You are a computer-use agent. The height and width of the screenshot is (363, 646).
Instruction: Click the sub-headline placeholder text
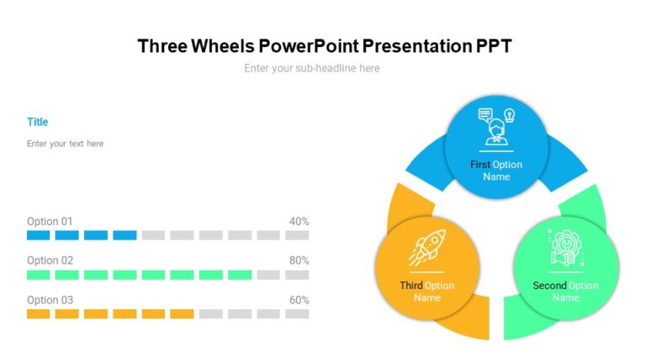pyautogui.click(x=312, y=68)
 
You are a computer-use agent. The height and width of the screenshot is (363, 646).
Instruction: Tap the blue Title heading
pyautogui.click(x=38, y=122)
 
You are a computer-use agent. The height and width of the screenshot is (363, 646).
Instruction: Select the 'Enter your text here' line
pyautogui.click(x=66, y=144)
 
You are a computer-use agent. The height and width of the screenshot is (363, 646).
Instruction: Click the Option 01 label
pyautogui.click(x=50, y=222)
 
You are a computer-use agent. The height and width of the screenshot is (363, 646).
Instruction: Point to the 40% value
pyautogui.click(x=299, y=222)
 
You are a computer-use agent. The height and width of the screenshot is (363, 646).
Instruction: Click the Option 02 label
pyautogui.click(x=50, y=260)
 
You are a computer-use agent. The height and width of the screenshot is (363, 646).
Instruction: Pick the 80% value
pyautogui.click(x=299, y=260)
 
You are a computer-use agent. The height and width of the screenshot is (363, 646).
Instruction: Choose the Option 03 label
pyautogui.click(x=50, y=300)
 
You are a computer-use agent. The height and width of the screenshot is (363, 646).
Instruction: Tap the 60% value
pyautogui.click(x=299, y=300)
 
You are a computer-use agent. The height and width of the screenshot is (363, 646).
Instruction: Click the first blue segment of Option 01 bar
pyautogui.click(x=39, y=235)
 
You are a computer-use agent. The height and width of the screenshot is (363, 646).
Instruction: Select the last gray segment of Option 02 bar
pyautogui.click(x=297, y=275)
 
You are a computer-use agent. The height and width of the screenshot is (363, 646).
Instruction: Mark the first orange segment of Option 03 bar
pyautogui.click(x=39, y=313)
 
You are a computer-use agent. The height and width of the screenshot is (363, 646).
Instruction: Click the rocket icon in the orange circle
pyautogui.click(x=426, y=246)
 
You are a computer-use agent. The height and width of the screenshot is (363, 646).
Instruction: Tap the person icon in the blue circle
pyautogui.click(x=495, y=127)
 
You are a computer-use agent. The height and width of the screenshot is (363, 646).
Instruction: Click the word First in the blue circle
pyautogui.click(x=480, y=165)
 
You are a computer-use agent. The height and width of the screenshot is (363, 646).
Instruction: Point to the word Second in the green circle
pyautogui.click(x=550, y=286)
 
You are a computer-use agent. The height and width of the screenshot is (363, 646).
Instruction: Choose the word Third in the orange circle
pyautogui.click(x=412, y=286)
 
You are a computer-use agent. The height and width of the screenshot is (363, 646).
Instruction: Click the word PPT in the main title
pyautogui.click(x=494, y=46)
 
